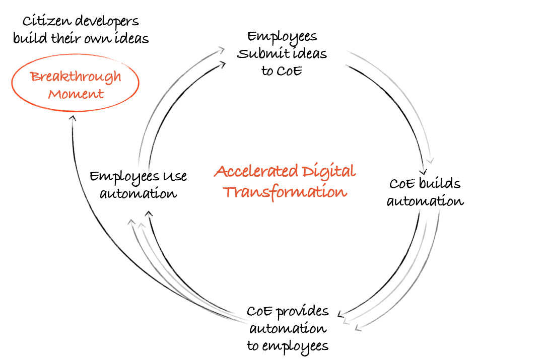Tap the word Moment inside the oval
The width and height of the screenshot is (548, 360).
point(76,94)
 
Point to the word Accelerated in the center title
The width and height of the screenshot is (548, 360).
point(256,171)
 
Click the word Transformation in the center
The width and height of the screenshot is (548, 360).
point(285,192)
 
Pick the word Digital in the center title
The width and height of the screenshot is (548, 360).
point(329,172)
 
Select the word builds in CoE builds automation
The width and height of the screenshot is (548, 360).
point(440,183)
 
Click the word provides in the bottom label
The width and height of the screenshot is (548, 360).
point(303,312)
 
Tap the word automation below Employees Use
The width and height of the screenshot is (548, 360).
point(139,193)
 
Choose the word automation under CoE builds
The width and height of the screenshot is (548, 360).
point(425,201)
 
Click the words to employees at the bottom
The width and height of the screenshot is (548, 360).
point(288,346)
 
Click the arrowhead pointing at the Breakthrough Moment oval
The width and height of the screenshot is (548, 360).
point(73,118)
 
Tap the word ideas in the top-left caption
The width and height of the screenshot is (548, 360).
point(132,37)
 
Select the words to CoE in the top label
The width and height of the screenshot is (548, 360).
point(282,71)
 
